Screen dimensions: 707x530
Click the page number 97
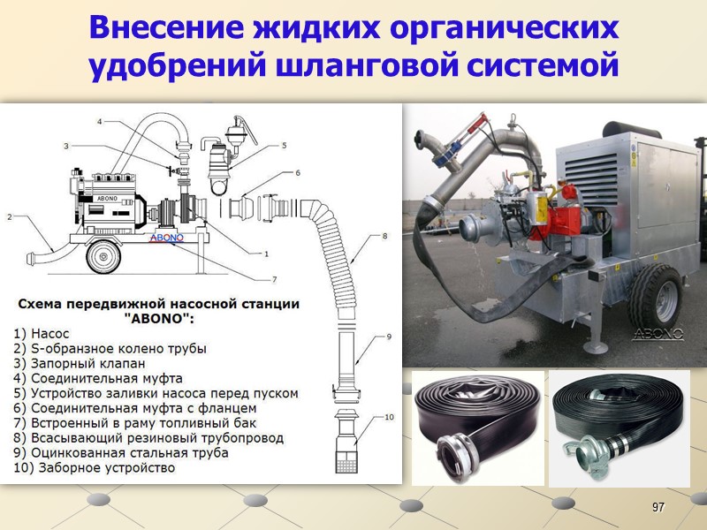658,507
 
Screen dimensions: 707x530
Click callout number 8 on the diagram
384,236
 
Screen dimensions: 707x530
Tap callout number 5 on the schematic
284,145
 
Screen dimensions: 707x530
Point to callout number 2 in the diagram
10,216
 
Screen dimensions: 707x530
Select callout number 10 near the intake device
389,417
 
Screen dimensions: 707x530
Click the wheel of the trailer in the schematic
103,256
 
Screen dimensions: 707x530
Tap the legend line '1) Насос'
41,334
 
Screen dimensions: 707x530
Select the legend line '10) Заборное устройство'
95,468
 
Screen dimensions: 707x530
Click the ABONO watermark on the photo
658,334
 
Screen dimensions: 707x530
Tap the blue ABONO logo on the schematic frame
167,238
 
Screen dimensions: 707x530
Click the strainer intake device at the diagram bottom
346,440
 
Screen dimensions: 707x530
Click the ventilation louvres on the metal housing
590,175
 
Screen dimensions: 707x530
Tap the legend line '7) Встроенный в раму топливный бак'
135,423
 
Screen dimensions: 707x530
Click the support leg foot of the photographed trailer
596,347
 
